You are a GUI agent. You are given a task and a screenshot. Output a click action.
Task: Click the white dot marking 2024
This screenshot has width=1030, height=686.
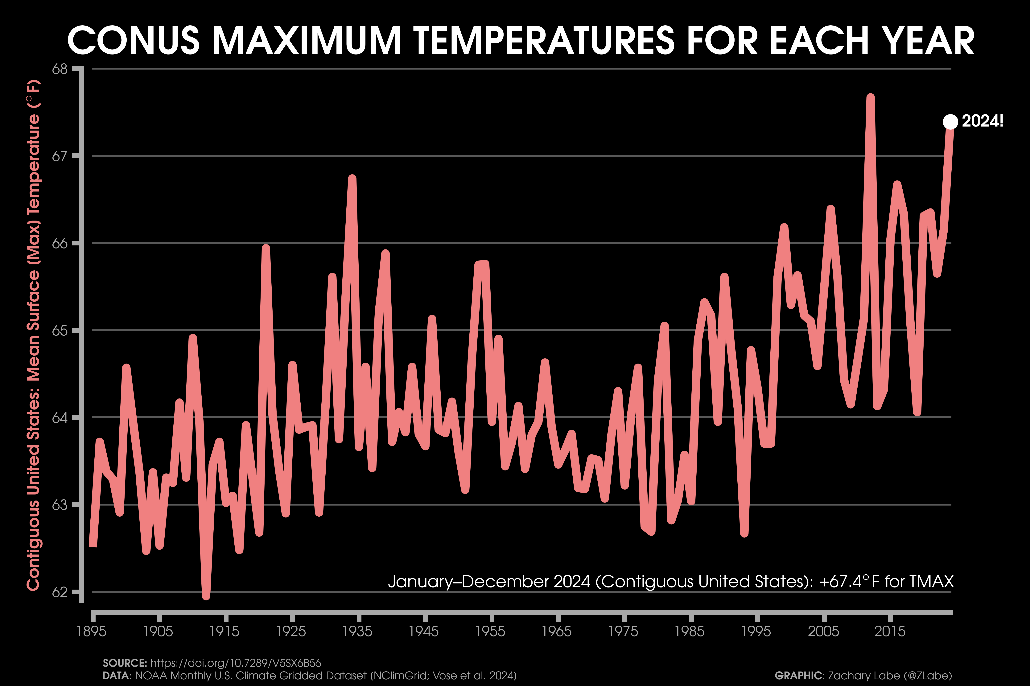(x=950, y=122)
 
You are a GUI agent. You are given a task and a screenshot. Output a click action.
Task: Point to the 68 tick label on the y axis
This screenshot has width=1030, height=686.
(x=60, y=69)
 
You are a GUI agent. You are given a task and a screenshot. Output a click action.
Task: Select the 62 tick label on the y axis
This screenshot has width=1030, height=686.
(x=60, y=592)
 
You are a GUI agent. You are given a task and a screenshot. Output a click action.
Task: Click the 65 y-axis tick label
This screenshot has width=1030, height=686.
(x=60, y=330)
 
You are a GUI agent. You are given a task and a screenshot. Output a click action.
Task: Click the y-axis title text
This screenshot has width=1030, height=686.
(x=34, y=335)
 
